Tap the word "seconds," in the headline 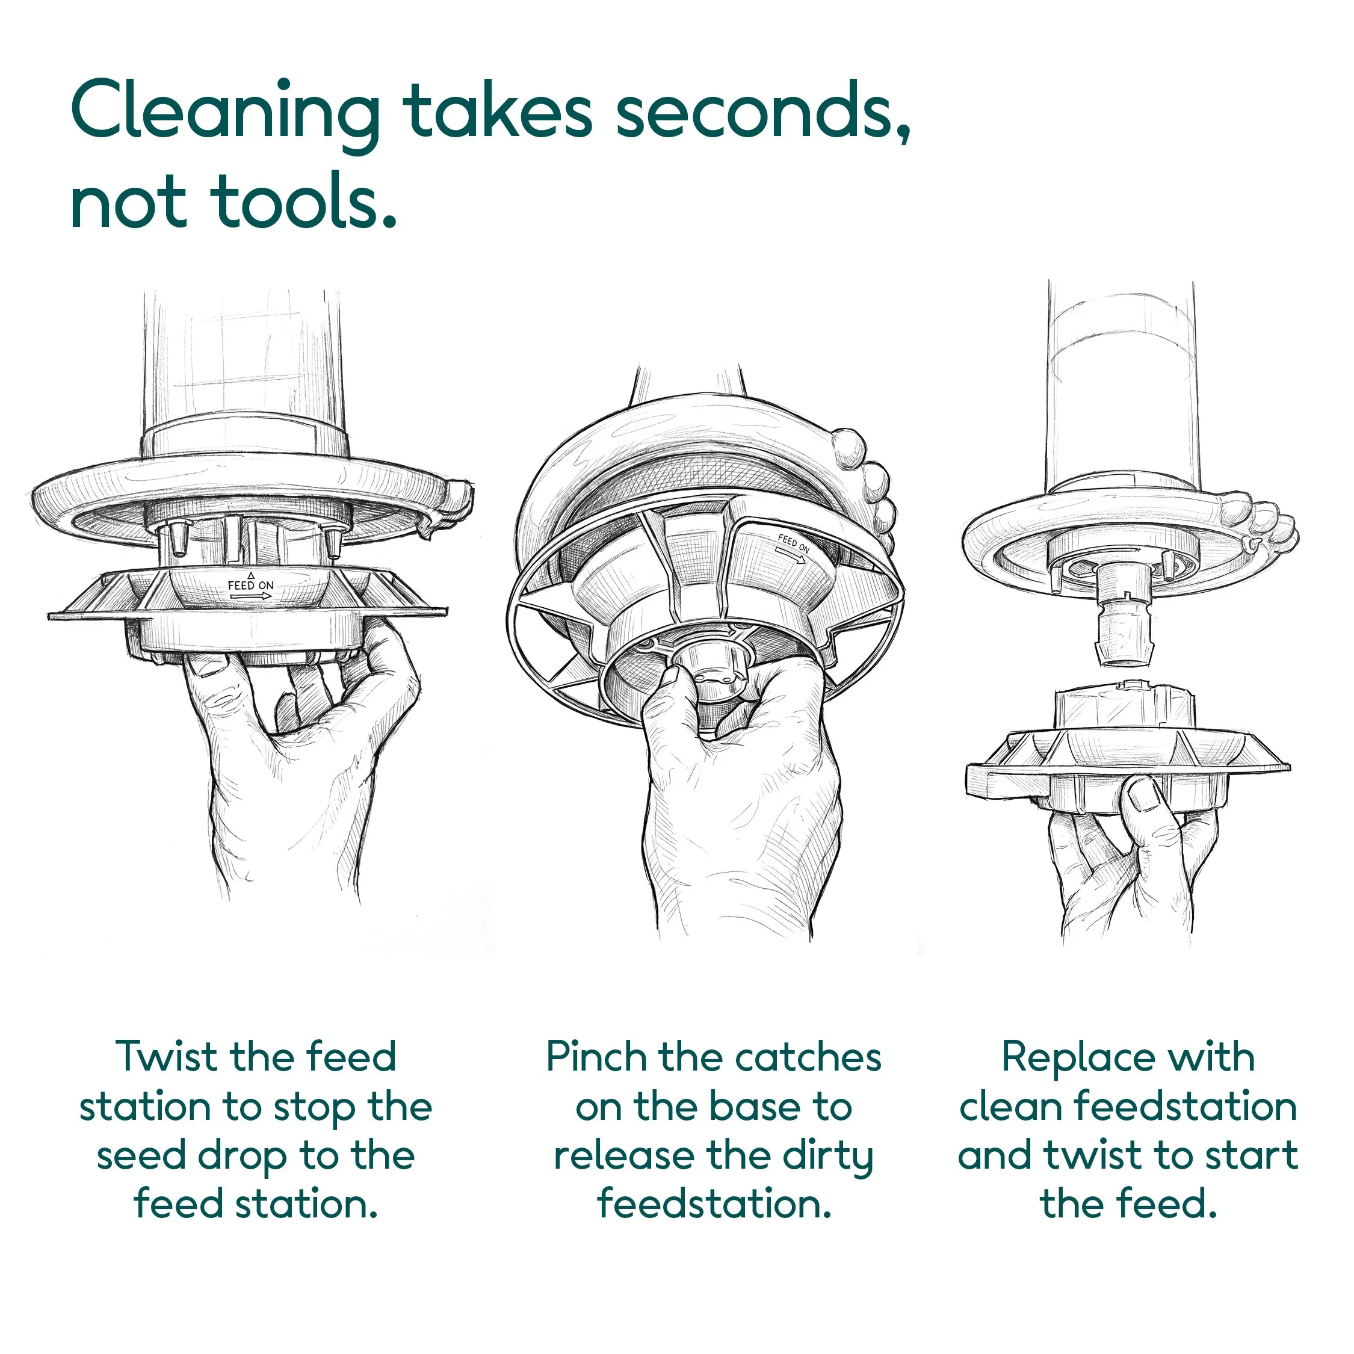point(764,112)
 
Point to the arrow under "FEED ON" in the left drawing point(250,596)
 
